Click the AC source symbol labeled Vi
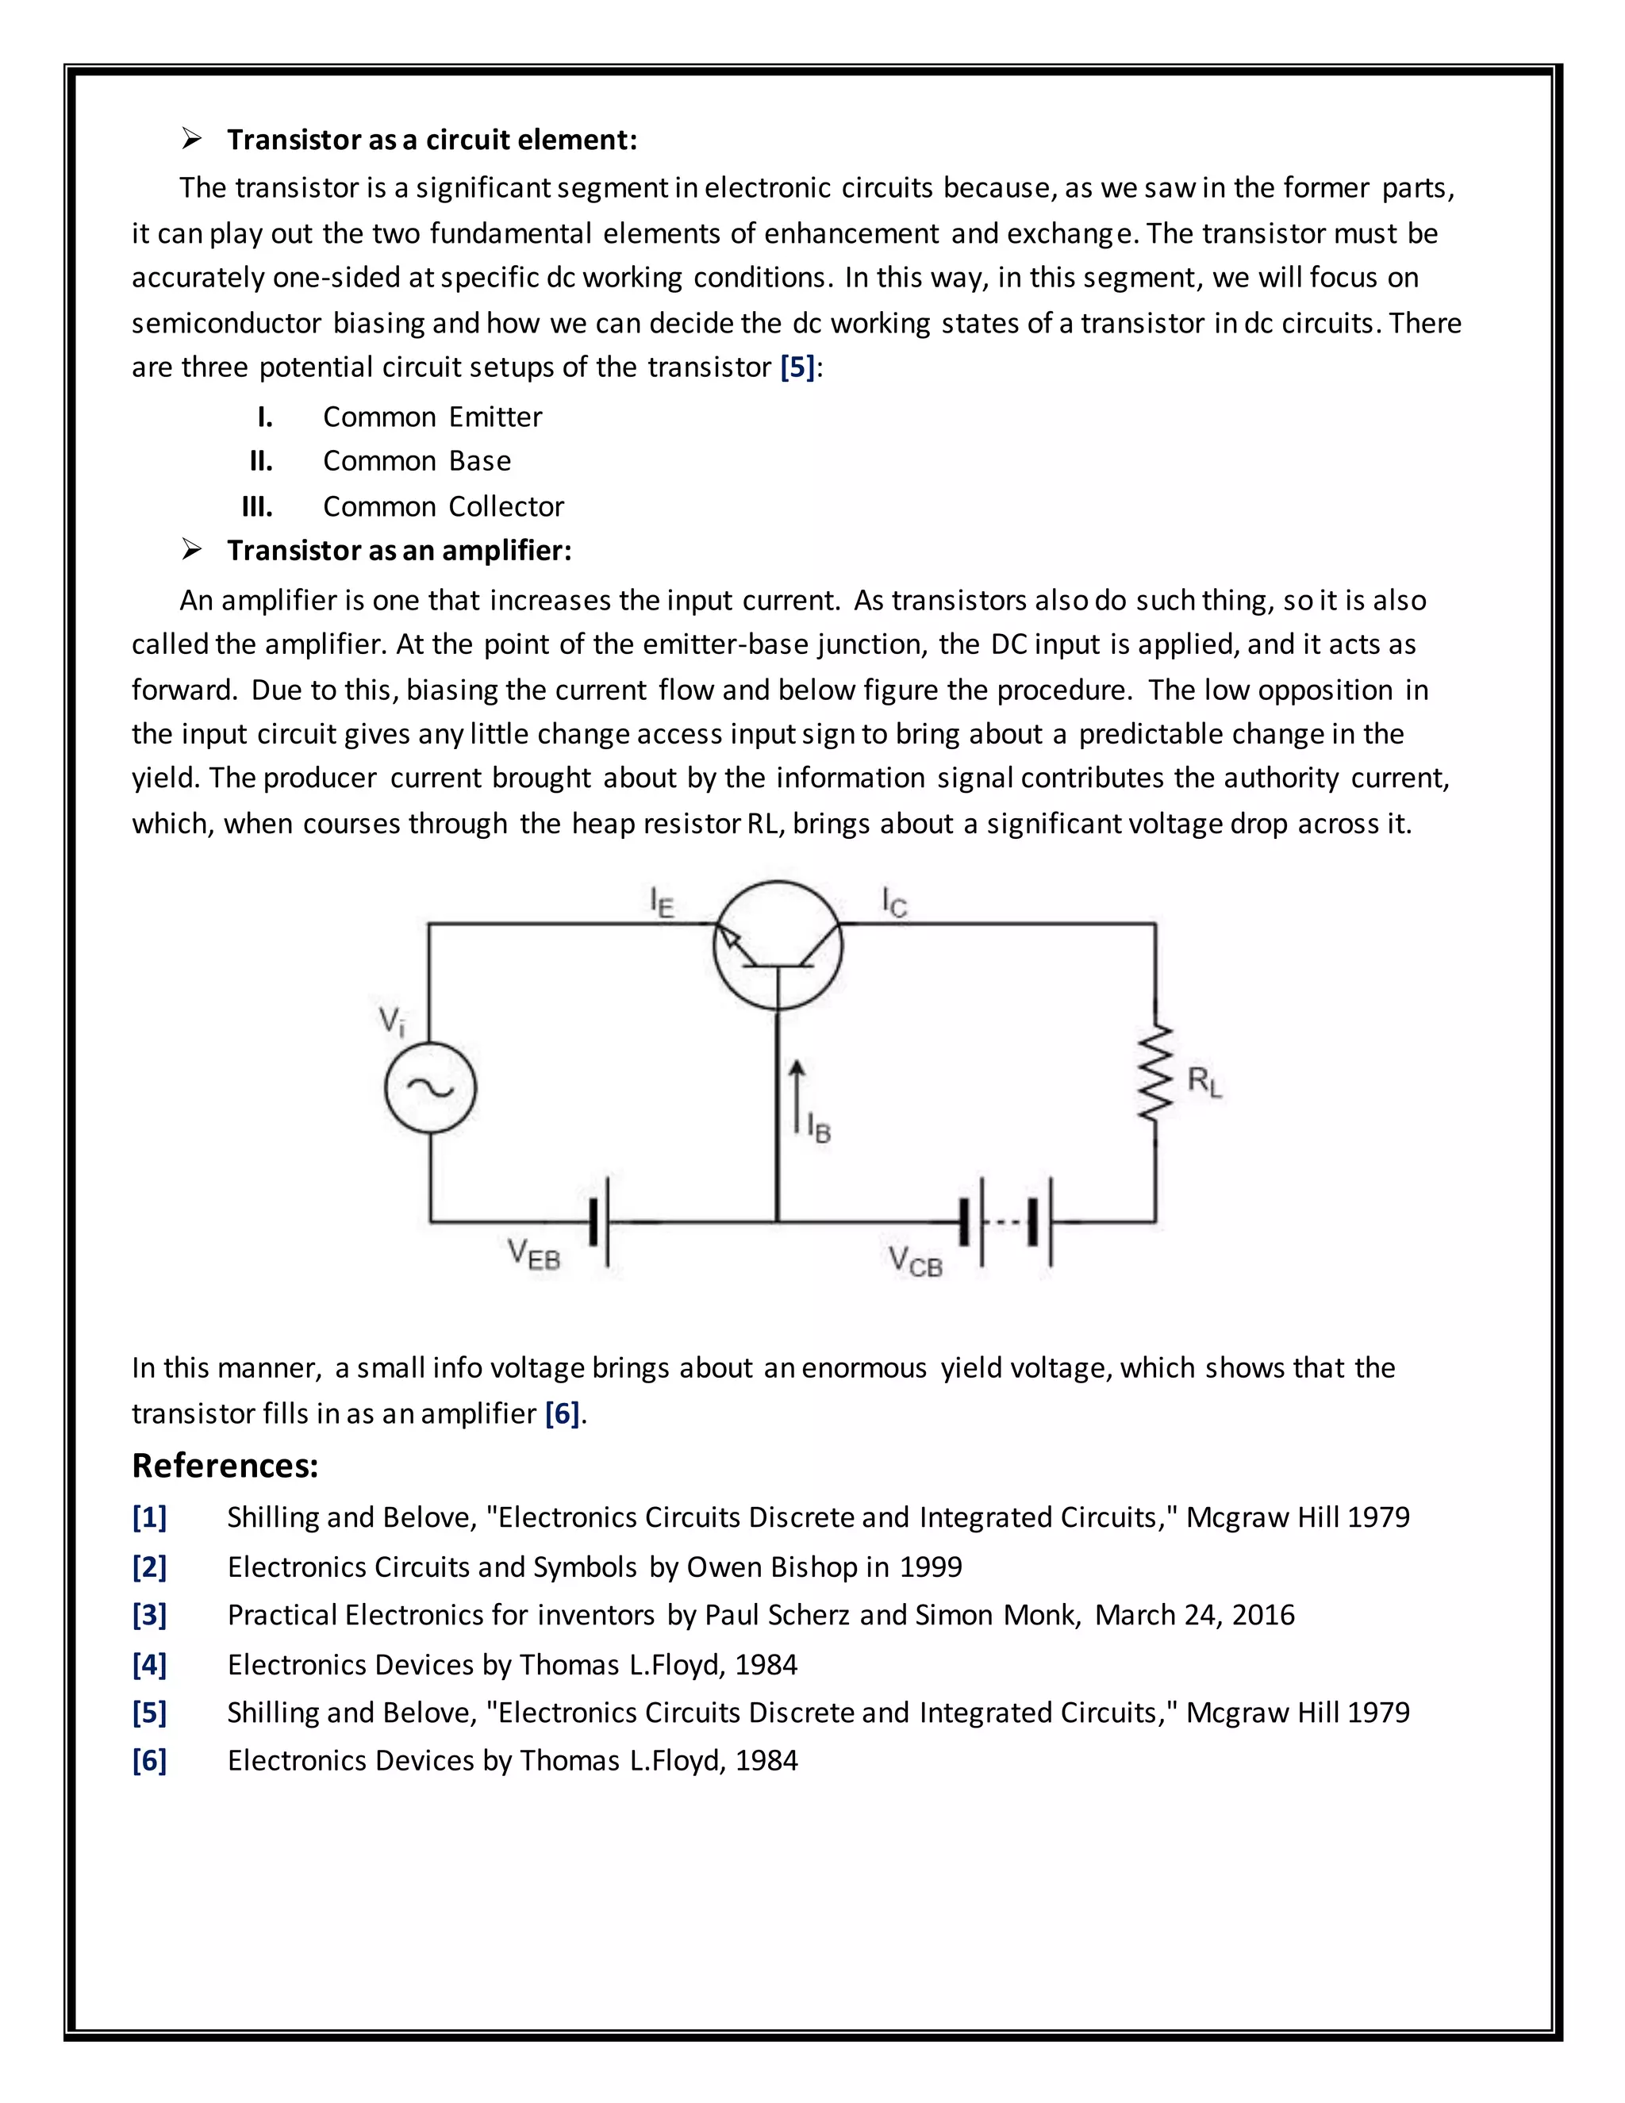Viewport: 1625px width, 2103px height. pyautogui.click(x=430, y=1087)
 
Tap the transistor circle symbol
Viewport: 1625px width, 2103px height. pyautogui.click(x=778, y=946)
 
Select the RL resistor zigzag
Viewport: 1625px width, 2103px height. pyautogui.click(x=1155, y=1073)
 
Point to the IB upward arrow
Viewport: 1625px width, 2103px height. pyautogui.click(x=796, y=1096)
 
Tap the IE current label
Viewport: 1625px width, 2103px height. pyautogui.click(x=662, y=902)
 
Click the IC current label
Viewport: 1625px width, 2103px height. pyautogui.click(x=893, y=902)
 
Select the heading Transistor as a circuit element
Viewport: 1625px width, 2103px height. pyautogui.click(x=432, y=140)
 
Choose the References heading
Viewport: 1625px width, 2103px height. pyautogui.click(x=225, y=1466)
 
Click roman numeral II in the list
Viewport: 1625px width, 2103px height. pyautogui.click(x=261, y=461)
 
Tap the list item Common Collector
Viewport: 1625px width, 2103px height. pyautogui.click(x=443, y=506)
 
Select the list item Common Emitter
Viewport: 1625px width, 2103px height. pyautogui.click(x=432, y=417)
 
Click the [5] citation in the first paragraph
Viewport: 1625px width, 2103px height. pyautogui.click(x=797, y=367)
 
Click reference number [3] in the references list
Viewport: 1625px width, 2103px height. pyautogui.click(x=149, y=1615)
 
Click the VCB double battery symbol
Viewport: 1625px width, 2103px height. pyautogui.click(x=1005, y=1223)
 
